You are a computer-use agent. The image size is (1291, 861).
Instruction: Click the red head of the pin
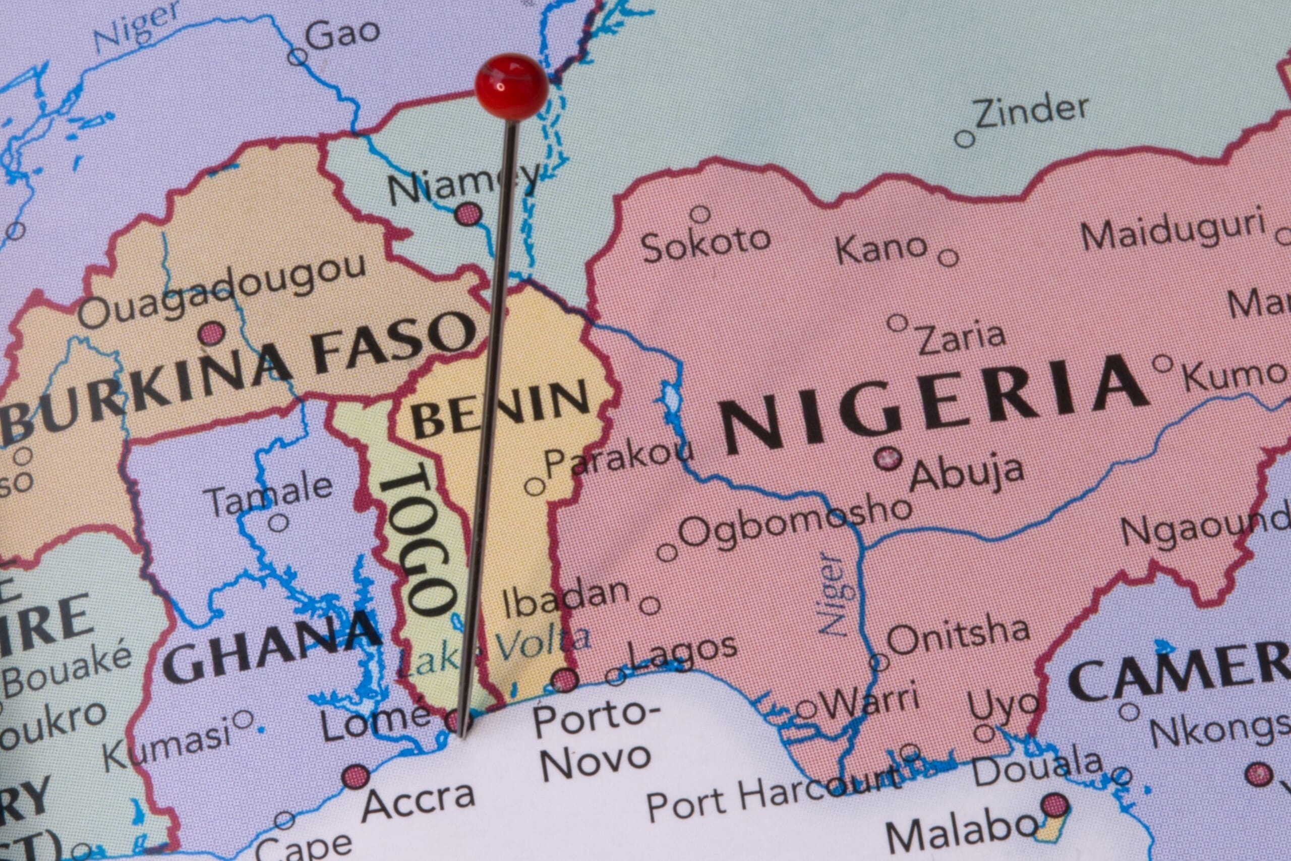pos(511,87)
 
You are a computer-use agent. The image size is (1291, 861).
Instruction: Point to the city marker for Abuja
pos(887,457)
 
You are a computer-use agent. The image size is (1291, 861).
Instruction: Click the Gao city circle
pos(298,56)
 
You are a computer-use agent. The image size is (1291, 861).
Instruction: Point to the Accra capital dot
pos(355,777)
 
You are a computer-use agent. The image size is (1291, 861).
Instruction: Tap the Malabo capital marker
pos(1054,806)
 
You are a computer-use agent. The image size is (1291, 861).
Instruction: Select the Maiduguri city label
pos(1172,229)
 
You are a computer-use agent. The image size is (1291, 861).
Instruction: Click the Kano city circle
pos(948,258)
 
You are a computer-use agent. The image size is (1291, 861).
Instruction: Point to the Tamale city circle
pos(278,522)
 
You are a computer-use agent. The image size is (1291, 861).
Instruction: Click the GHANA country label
pos(272,648)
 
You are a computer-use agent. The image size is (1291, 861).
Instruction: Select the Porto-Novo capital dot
pos(565,680)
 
